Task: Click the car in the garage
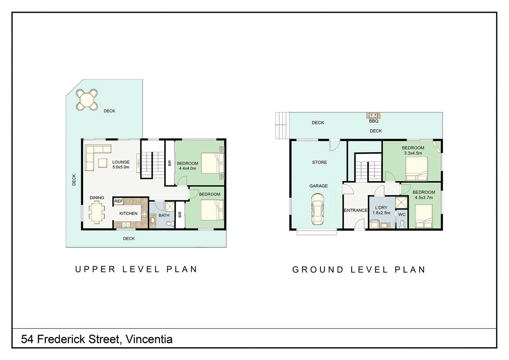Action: click(x=318, y=209)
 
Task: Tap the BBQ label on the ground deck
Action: click(x=373, y=121)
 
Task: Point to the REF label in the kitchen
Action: click(x=119, y=201)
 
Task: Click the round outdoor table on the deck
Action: click(x=87, y=100)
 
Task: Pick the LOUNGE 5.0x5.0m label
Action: click(x=121, y=165)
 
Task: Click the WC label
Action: click(x=402, y=215)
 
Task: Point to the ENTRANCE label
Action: click(x=356, y=211)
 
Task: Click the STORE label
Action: click(x=319, y=162)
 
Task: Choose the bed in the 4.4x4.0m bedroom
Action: click(x=212, y=163)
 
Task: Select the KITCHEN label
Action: click(x=128, y=213)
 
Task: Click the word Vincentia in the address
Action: click(x=149, y=339)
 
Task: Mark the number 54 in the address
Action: click(x=27, y=339)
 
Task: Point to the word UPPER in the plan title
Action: click(x=95, y=269)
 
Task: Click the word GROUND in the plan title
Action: click(x=318, y=270)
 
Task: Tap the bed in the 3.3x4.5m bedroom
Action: click(x=417, y=168)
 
